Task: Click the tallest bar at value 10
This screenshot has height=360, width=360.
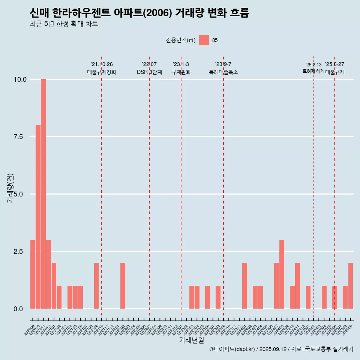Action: [x=43, y=194]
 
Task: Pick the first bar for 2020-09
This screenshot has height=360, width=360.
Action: [x=33, y=274]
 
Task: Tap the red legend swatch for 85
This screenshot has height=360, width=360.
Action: [x=204, y=40]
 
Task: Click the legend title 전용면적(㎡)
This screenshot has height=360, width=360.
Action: [x=180, y=40]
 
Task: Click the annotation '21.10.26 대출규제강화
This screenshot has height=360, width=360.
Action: [x=102, y=68]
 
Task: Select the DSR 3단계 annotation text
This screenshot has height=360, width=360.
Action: [x=149, y=72]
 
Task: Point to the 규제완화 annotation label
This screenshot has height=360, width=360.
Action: [x=181, y=72]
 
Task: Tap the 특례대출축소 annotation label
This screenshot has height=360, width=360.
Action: [x=223, y=72]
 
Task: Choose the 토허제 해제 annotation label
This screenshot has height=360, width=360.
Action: [x=313, y=71]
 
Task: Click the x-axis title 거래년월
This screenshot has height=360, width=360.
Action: [x=191, y=340]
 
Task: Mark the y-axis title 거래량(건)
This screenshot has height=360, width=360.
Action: [x=10, y=187]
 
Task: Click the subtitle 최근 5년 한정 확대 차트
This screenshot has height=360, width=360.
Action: [x=64, y=24]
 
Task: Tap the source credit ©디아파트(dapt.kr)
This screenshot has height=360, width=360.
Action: [x=232, y=349]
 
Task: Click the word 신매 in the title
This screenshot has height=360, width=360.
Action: [x=39, y=13]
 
